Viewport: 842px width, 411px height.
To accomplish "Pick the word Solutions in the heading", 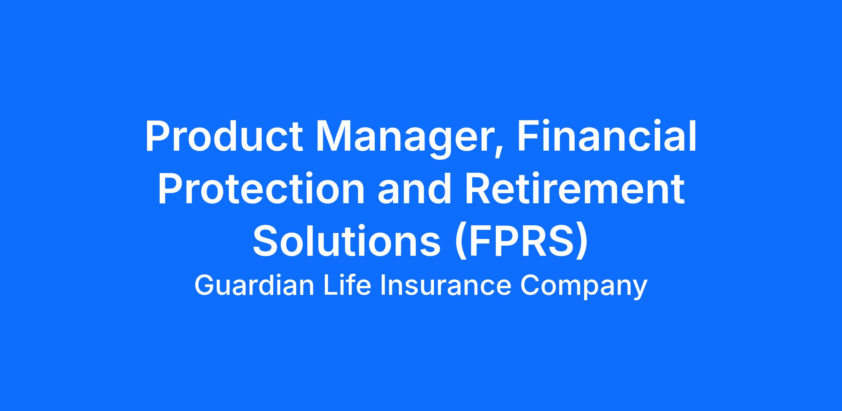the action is tap(347, 241).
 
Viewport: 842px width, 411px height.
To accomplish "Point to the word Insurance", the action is tap(446, 286).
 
